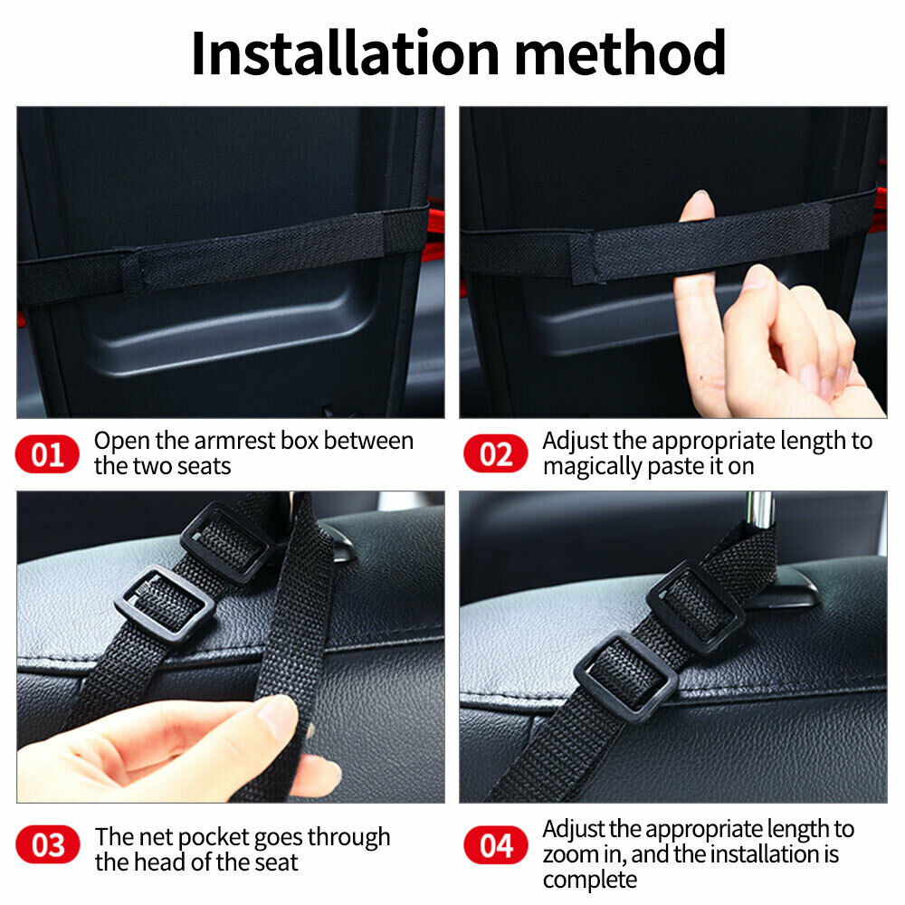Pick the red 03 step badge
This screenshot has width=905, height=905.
(x=47, y=847)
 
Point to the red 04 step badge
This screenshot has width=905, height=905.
(x=495, y=847)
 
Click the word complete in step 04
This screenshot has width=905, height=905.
(x=590, y=880)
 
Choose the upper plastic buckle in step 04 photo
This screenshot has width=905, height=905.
(x=696, y=605)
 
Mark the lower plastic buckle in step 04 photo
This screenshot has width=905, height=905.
(x=625, y=675)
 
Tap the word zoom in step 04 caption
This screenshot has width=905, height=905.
(x=568, y=854)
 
